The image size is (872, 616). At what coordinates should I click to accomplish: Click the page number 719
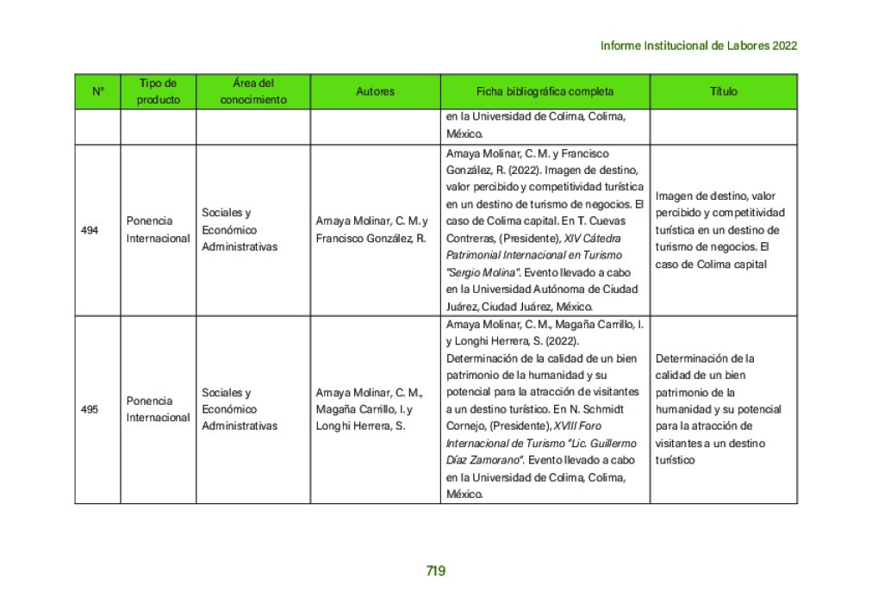pyautogui.click(x=435, y=570)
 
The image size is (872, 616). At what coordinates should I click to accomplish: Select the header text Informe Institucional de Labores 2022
pyautogui.click(x=698, y=46)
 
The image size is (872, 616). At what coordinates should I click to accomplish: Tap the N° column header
pyautogui.click(x=97, y=91)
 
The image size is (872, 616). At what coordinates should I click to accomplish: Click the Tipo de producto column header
pyautogui.click(x=158, y=91)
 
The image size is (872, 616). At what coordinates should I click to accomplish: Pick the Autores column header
pyautogui.click(x=375, y=91)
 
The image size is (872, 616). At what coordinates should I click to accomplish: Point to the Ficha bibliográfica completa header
pyautogui.click(x=545, y=91)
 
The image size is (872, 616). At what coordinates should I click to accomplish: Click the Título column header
pyautogui.click(x=723, y=91)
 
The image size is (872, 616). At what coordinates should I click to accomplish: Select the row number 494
pyautogui.click(x=90, y=230)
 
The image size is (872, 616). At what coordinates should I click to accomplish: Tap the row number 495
pyautogui.click(x=90, y=409)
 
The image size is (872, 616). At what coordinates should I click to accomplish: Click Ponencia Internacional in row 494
pyautogui.click(x=158, y=230)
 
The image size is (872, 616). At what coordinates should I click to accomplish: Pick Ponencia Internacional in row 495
pyautogui.click(x=158, y=409)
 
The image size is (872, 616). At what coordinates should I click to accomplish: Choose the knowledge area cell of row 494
pyautogui.click(x=240, y=230)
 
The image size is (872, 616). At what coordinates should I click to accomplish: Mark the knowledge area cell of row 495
pyautogui.click(x=240, y=409)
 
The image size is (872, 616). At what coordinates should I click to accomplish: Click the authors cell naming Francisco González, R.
pyautogui.click(x=371, y=230)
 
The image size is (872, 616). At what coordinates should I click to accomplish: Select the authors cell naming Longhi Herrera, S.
pyautogui.click(x=366, y=409)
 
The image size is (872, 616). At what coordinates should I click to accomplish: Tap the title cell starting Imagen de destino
pyautogui.click(x=720, y=230)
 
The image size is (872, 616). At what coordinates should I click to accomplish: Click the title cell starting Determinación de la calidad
pyautogui.click(x=718, y=409)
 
